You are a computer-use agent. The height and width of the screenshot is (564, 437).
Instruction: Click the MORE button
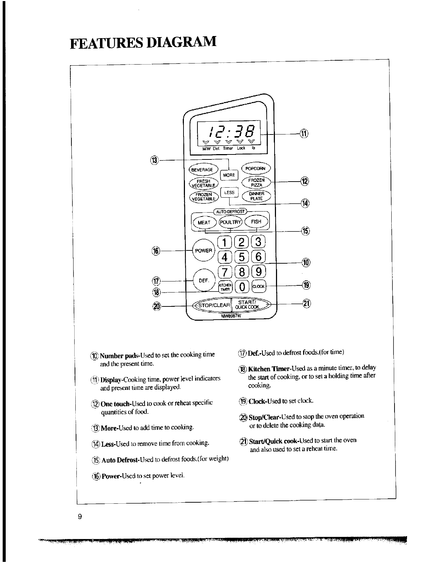coord(229,175)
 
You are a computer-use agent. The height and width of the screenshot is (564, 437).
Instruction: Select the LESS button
coord(229,193)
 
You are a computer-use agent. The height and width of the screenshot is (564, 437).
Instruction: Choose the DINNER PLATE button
coord(256,196)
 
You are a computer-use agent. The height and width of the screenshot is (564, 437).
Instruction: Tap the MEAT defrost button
coord(204,223)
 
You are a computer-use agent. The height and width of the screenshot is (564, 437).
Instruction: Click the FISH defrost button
coord(256,222)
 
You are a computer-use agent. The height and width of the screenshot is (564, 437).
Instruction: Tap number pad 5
coord(242,257)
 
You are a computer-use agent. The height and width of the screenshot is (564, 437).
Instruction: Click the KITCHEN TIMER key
coord(225,286)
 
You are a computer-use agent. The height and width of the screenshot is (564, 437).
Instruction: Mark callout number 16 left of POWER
coord(156,250)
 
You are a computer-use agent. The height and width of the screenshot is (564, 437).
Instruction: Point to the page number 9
coord(80,517)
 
